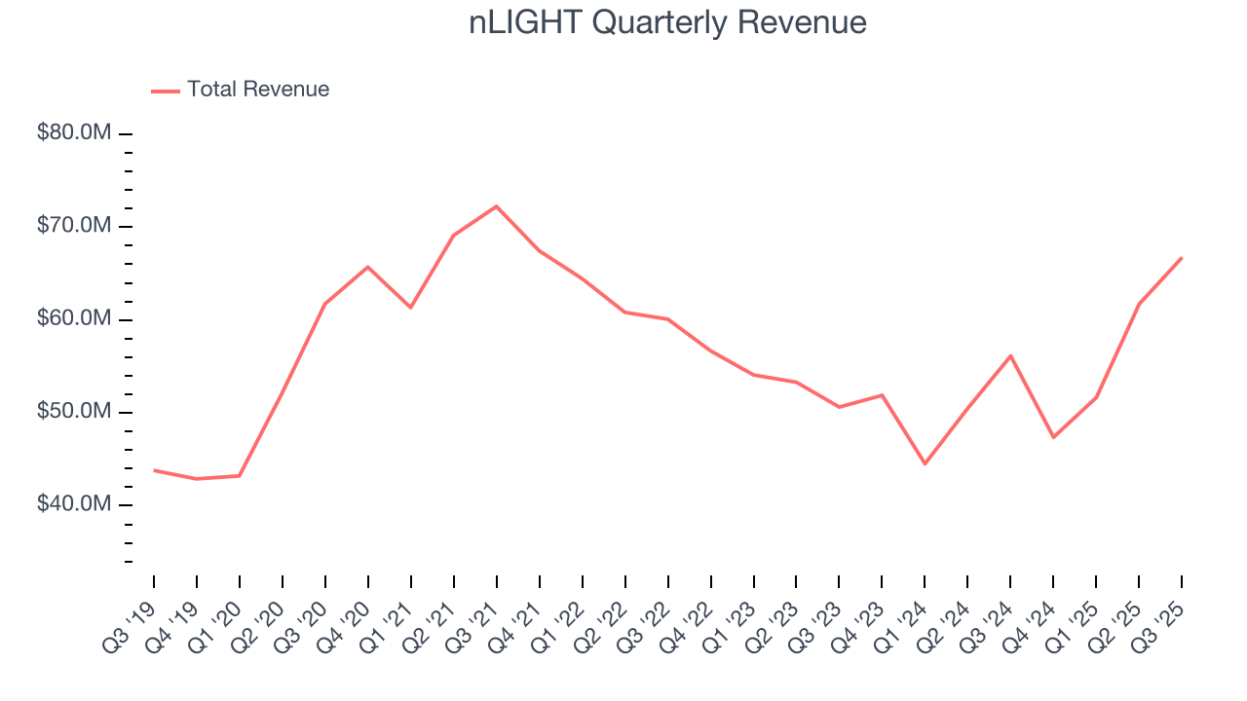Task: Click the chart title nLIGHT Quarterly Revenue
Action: point(667,22)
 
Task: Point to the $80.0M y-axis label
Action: point(74,132)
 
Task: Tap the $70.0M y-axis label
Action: point(74,226)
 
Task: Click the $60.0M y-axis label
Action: point(74,319)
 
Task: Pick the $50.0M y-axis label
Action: point(74,412)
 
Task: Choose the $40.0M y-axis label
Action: point(74,504)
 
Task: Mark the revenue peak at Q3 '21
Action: point(497,206)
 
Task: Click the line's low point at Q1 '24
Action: point(925,463)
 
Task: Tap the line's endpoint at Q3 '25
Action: point(1182,258)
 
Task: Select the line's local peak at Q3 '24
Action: point(1010,355)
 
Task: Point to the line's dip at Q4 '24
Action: point(1053,437)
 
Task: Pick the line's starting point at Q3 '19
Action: point(154,470)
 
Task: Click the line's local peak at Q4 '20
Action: point(368,267)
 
